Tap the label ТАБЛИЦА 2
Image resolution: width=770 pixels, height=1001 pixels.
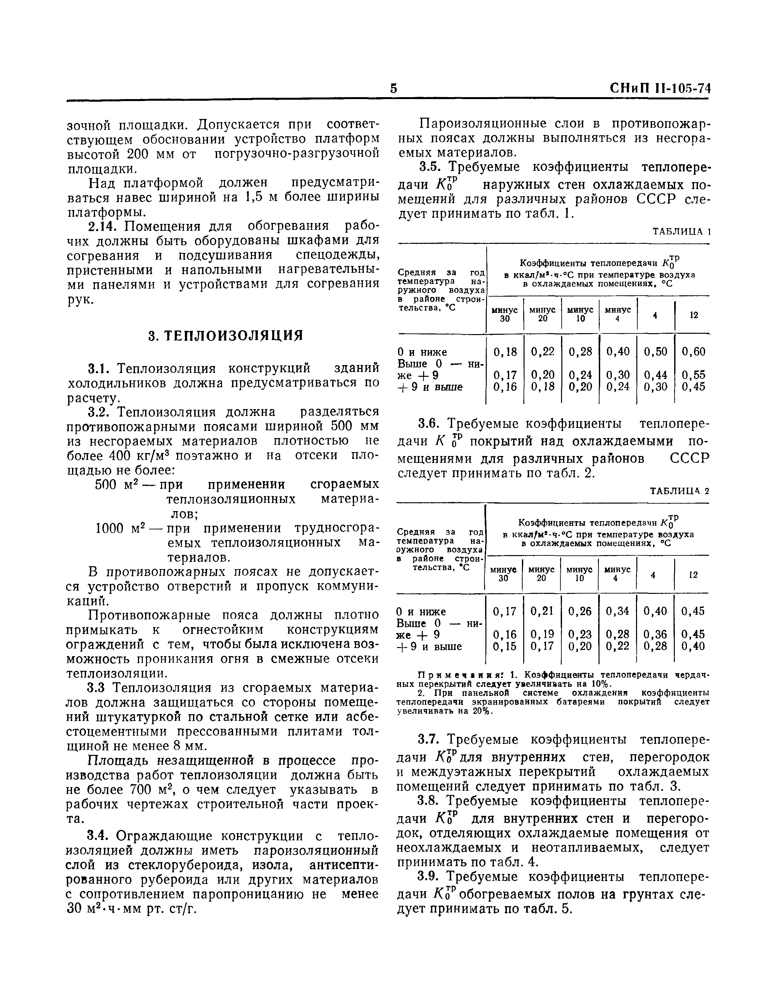tap(679, 491)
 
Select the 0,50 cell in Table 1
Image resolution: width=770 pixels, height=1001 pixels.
tap(656, 352)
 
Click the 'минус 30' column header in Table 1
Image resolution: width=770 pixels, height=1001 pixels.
tap(505, 315)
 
